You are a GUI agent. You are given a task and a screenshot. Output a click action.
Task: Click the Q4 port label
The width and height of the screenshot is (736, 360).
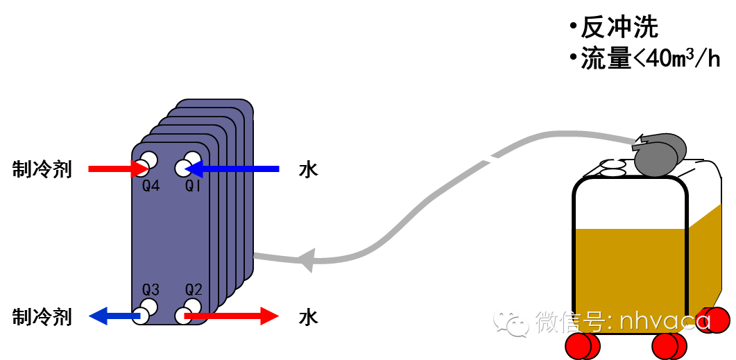coord(151,186)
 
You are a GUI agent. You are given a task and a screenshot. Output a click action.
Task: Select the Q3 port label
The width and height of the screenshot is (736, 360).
coord(151,289)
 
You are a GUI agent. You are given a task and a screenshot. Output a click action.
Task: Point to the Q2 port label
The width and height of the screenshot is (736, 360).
coord(194,289)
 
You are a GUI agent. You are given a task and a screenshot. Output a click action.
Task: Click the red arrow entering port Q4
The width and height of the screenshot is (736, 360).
coord(114,168)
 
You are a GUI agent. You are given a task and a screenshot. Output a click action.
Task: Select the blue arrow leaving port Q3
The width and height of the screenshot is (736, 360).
coord(114,317)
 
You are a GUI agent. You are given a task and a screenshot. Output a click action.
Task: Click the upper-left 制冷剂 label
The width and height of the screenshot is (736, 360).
coord(42,169)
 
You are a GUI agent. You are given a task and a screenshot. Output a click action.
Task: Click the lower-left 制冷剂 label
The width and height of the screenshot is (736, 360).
coord(42,318)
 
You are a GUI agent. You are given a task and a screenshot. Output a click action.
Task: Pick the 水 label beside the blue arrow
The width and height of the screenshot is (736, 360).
coord(308,169)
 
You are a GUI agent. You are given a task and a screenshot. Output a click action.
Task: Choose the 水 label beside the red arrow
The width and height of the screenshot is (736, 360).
coord(308,318)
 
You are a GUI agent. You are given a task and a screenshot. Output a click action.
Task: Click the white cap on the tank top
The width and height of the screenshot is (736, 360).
coord(613,169)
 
